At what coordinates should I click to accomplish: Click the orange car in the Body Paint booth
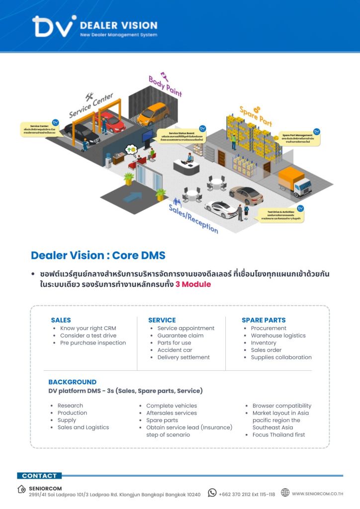(x=153, y=114)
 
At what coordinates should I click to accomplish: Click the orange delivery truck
(x=295, y=181)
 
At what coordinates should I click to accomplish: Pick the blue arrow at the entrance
(x=132, y=197)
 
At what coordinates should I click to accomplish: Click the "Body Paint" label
(x=166, y=85)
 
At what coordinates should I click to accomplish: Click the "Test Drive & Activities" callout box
(x=282, y=215)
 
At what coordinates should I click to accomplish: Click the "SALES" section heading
(x=61, y=320)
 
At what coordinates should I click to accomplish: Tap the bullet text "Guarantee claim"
(x=180, y=336)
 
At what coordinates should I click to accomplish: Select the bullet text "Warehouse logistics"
(x=278, y=336)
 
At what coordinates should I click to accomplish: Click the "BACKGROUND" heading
(x=72, y=382)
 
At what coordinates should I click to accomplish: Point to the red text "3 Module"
(x=193, y=284)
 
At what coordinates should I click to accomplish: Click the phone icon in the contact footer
(x=212, y=493)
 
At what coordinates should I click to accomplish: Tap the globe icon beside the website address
(x=285, y=493)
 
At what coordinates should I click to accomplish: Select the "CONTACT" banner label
(x=39, y=476)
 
